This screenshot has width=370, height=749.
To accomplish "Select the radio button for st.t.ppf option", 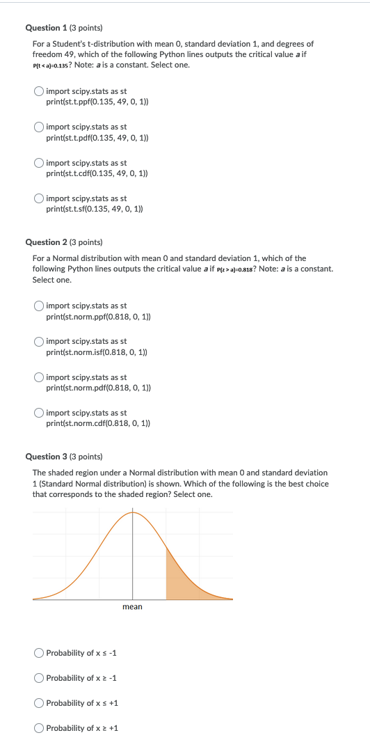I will click(40, 91).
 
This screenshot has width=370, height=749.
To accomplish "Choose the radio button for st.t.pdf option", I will click(40, 127).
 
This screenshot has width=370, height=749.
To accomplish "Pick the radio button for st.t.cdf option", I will click(40, 163).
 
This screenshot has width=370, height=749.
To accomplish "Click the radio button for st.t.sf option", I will click(40, 198).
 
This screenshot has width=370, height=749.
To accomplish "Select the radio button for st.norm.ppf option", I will click(40, 306).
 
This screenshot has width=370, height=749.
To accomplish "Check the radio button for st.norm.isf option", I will click(40, 341).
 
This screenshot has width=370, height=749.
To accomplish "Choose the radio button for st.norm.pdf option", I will click(40, 377).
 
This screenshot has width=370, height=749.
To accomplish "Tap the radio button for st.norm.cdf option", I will click(40, 413).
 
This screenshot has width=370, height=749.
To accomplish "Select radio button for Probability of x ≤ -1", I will click(39, 653).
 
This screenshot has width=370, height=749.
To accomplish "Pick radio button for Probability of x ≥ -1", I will click(39, 678).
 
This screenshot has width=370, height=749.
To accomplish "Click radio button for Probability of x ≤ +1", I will click(39, 703).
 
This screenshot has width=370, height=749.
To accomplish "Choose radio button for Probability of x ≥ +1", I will click(39, 728).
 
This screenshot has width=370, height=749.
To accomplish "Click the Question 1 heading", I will click(63, 28).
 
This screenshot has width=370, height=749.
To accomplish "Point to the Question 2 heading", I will click(63, 242).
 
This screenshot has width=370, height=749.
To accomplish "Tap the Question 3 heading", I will click(63, 457).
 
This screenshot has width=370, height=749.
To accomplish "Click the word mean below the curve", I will click(132, 607).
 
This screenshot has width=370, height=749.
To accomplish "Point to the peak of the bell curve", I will click(133, 512).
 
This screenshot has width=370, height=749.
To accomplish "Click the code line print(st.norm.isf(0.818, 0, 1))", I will click(97, 352).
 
